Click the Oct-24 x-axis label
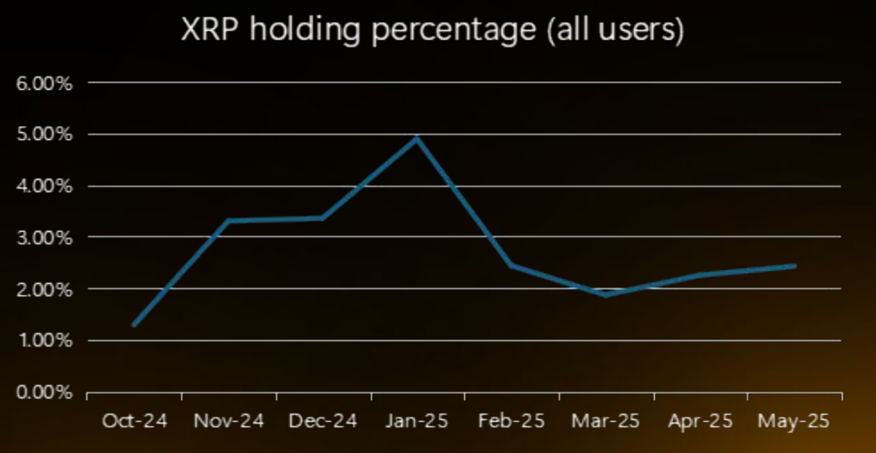(x=134, y=421)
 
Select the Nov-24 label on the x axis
(x=229, y=421)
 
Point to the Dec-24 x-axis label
(x=323, y=421)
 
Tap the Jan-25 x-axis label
(x=417, y=421)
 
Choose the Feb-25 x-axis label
(x=512, y=421)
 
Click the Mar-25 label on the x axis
(x=606, y=421)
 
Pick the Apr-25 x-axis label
(x=700, y=421)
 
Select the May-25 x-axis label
(x=794, y=421)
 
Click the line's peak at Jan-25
(x=418, y=138)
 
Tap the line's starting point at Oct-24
(x=134, y=325)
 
